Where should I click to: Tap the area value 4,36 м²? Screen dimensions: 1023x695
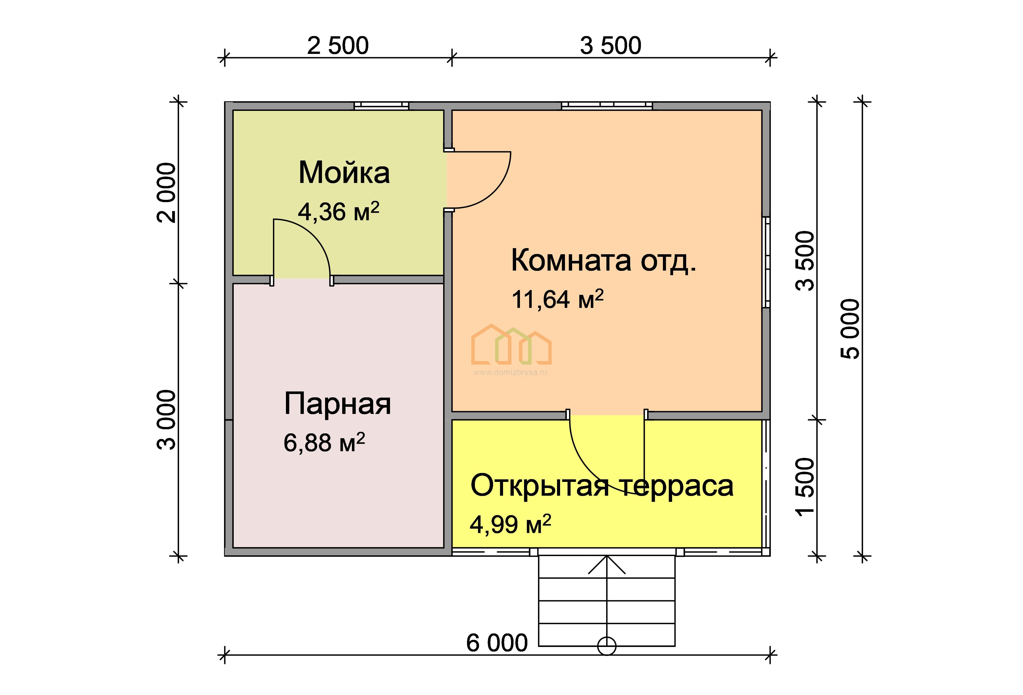(338, 212)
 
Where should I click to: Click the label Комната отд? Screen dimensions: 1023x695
(604, 260)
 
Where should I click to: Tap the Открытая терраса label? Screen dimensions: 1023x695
(602, 486)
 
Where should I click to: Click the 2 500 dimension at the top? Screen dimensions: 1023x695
(338, 46)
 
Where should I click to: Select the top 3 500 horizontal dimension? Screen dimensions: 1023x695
(610, 46)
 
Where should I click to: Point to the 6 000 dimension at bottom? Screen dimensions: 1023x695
(496, 643)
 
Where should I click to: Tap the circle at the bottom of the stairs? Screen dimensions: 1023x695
(607, 646)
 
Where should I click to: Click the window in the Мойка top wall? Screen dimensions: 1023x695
(382, 106)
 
